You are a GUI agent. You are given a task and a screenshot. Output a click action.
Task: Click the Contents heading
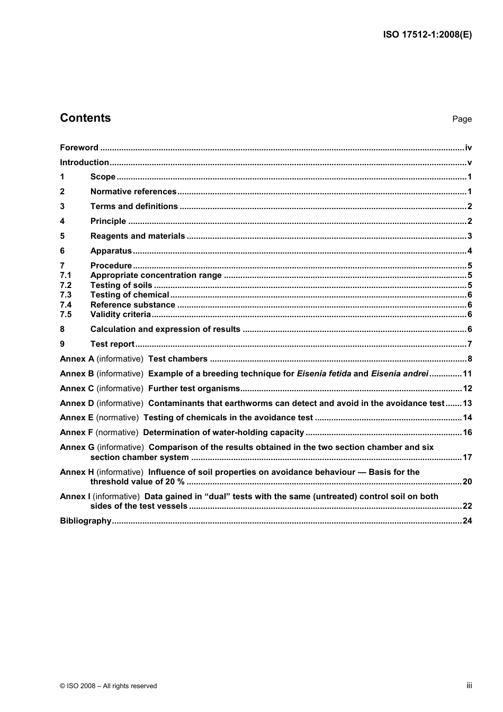pos(85,118)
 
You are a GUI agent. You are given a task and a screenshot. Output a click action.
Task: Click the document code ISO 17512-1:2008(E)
pos(427,35)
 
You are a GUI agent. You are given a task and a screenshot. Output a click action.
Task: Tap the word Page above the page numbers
pos(462,119)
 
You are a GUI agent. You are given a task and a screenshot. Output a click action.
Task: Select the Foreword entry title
pos(79,148)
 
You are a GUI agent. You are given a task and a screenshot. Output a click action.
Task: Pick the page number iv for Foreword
pos(468,148)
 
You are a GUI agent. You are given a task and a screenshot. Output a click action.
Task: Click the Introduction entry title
pos(84,163)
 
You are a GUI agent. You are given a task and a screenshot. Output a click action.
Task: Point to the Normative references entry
pos(133,192)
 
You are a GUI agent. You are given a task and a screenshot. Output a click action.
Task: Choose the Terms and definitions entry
pos(134,206)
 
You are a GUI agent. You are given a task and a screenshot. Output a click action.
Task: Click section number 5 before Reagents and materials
pos(62,236)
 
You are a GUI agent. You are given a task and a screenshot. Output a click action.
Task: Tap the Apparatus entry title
pos(111,251)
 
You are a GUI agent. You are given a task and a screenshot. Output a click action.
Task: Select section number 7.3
pos(66,295)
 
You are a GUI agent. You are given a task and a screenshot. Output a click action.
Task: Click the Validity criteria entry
pos(120,314)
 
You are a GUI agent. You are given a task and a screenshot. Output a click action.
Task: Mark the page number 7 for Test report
pos(470,344)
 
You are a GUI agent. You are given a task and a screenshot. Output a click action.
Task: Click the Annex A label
pos(77,359)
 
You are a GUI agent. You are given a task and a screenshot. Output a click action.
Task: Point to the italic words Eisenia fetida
pos(324,374)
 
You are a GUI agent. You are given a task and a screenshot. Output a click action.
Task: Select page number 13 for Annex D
pos(467,403)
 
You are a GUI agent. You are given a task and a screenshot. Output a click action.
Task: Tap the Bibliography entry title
pos(85,521)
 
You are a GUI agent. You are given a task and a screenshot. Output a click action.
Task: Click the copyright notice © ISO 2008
pos(109,686)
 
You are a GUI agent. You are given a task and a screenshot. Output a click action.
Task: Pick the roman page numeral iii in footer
pos(469,686)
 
